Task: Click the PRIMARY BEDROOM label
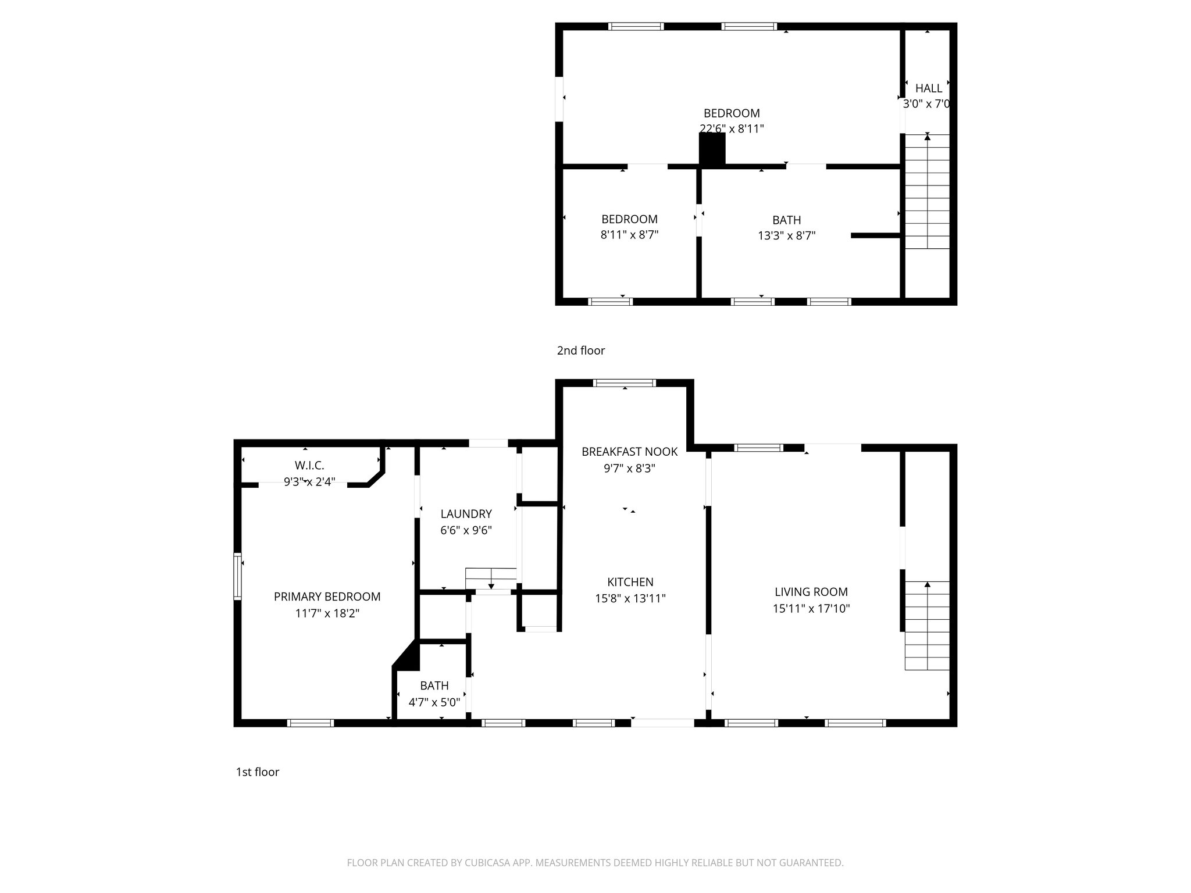[x=327, y=596]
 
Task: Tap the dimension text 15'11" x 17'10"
[x=811, y=609]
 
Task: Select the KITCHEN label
[x=630, y=582]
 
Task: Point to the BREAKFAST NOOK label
[x=630, y=452]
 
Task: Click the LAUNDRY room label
[x=466, y=514]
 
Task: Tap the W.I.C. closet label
[x=309, y=466]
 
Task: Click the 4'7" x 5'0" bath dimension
[x=434, y=702]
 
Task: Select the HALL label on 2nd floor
[x=928, y=88]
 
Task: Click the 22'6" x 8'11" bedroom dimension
[x=732, y=129]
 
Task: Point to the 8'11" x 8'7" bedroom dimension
[x=629, y=235]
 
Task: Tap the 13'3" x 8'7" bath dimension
[x=786, y=235]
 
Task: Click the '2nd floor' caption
[x=580, y=351]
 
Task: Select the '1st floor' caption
[x=257, y=772]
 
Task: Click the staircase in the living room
[x=927, y=626]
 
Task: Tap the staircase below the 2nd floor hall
[x=927, y=192]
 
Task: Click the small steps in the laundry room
[x=491, y=578]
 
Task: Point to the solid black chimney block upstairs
[x=712, y=150]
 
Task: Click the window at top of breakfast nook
[x=625, y=383]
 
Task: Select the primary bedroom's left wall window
[x=237, y=576]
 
